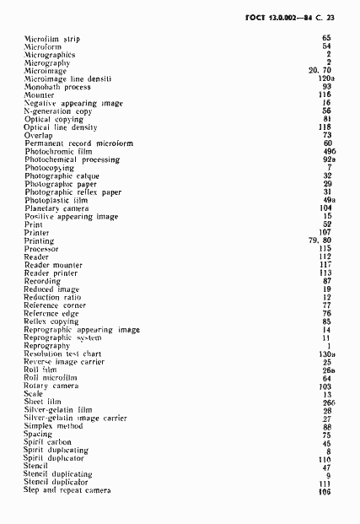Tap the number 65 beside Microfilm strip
326,39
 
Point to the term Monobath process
57,87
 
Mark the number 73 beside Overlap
326,135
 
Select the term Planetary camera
57,208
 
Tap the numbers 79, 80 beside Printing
320,240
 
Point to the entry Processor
42,249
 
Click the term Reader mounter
53,265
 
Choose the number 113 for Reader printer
325,273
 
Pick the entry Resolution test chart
64,354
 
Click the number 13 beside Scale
326,393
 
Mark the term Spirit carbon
48,442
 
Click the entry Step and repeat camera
67,490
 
